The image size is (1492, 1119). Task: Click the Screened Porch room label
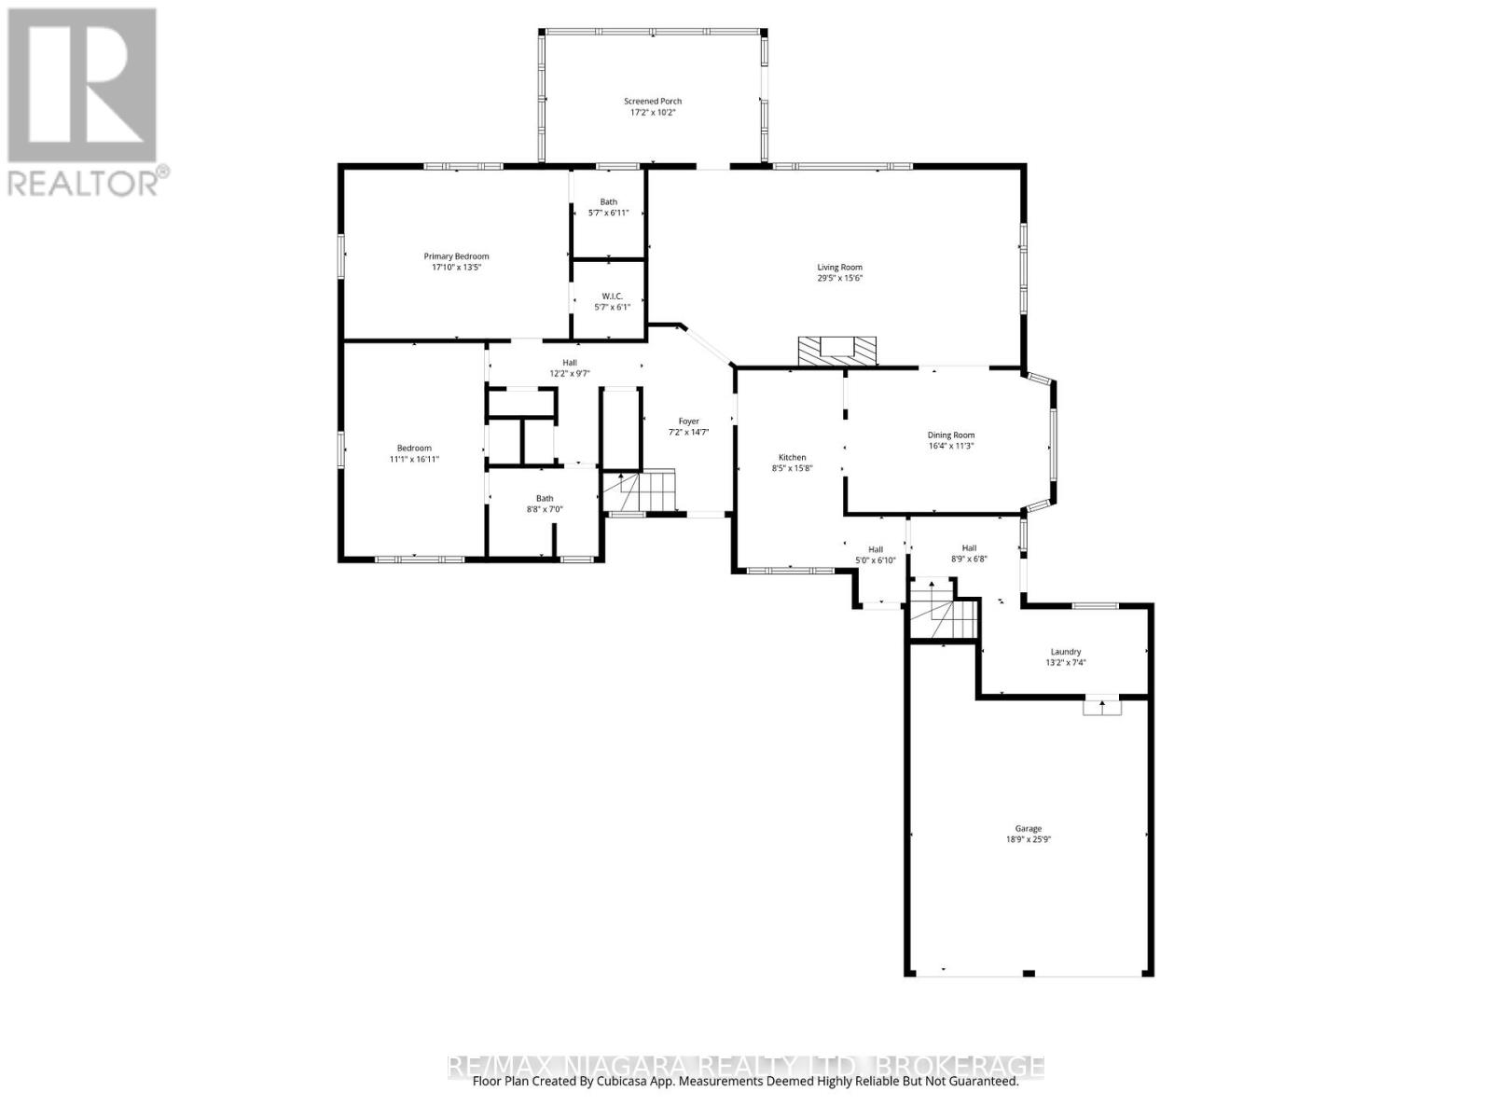click(x=653, y=101)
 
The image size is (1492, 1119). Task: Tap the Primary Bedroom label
click(x=456, y=256)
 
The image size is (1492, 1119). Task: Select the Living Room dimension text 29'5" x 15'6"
click(x=839, y=278)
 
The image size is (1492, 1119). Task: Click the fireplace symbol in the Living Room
click(x=837, y=351)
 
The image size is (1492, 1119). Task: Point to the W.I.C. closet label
click(x=608, y=296)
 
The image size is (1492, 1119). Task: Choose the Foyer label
click(x=688, y=421)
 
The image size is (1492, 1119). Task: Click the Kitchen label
click(x=792, y=457)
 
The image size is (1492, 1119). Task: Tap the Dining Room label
click(x=950, y=435)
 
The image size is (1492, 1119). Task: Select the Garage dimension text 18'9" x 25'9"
click(x=1028, y=839)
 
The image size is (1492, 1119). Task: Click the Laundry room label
click(x=1065, y=652)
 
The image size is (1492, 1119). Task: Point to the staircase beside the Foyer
click(x=637, y=490)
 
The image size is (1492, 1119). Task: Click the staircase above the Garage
click(x=944, y=610)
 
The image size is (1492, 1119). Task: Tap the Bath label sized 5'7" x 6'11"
click(x=608, y=201)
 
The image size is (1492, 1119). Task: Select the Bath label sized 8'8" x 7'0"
click(x=544, y=498)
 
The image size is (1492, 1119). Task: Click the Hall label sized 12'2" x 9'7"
click(x=569, y=363)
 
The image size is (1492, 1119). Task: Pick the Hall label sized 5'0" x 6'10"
click(x=875, y=549)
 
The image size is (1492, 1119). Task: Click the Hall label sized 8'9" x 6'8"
click(x=969, y=548)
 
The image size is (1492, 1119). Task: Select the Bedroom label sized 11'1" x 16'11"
click(x=413, y=448)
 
